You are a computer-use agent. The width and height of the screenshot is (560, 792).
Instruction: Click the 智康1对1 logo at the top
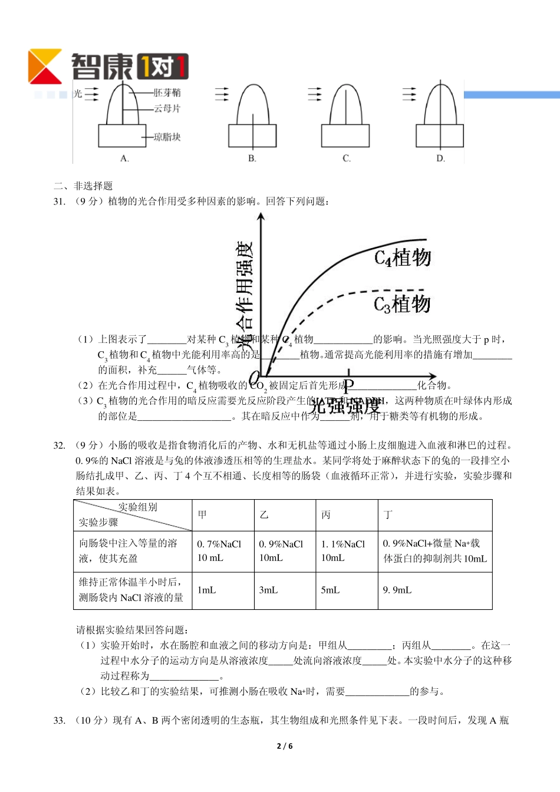(x=108, y=66)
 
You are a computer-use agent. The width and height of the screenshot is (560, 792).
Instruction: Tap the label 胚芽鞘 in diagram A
(x=167, y=93)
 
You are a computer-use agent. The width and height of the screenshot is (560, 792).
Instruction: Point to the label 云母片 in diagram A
(x=167, y=108)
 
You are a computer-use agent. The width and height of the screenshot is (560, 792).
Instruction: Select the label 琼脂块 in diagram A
(x=167, y=137)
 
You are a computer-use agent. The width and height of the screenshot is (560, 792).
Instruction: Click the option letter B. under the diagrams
(x=252, y=159)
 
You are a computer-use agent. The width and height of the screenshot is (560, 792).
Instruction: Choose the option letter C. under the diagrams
(x=347, y=159)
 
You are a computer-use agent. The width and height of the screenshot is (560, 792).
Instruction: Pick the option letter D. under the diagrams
(x=440, y=159)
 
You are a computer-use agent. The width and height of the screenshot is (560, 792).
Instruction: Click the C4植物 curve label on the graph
(x=403, y=258)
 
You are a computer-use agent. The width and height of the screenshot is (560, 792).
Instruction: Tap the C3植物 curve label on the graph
(x=402, y=305)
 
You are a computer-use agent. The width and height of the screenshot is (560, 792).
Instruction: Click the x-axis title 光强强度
(x=345, y=407)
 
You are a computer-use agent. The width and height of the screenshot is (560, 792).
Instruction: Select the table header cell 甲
(x=202, y=515)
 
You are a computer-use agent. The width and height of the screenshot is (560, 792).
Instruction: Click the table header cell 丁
(x=388, y=515)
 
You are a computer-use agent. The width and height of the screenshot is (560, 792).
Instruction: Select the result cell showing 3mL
(x=268, y=590)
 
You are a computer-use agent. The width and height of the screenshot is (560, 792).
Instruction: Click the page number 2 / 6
(x=285, y=746)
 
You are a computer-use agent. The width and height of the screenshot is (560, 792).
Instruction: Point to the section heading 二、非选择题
(x=83, y=186)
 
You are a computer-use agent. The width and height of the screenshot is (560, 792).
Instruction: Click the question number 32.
(x=59, y=445)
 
